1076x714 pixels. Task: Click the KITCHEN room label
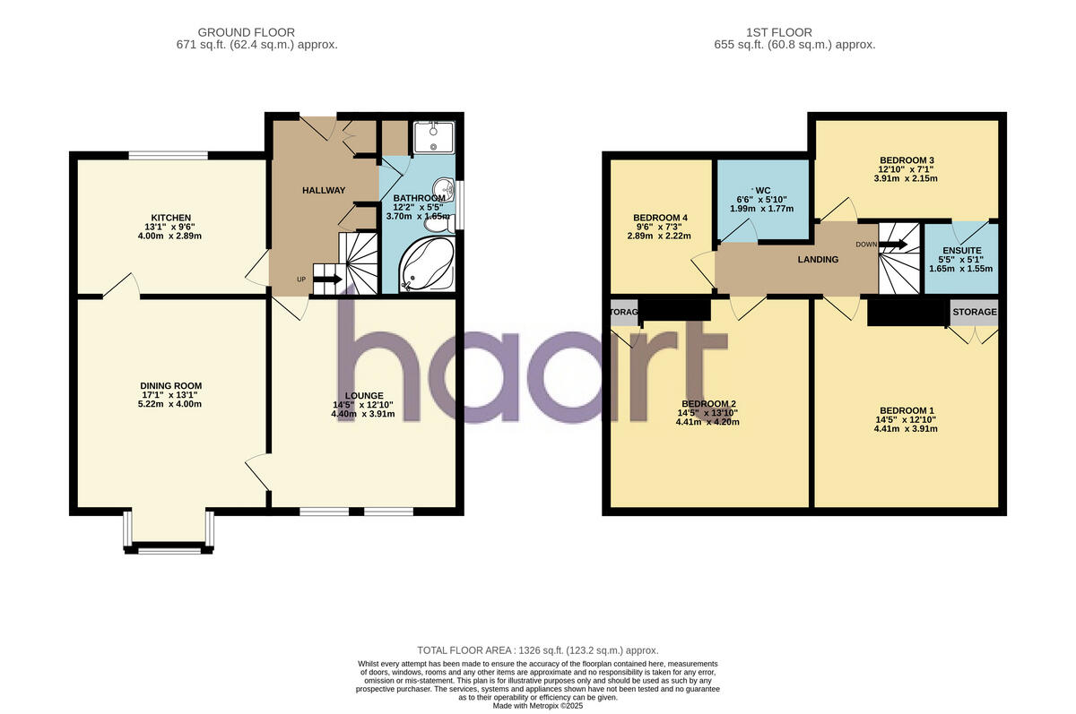tap(170, 218)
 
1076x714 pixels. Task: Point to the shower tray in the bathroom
tap(435, 136)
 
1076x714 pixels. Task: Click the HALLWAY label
tap(323, 190)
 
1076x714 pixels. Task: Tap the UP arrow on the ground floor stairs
tap(326, 279)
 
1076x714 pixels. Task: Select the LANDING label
tap(818, 260)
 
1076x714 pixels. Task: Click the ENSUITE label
tap(962, 251)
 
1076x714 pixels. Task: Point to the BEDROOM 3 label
tap(907, 160)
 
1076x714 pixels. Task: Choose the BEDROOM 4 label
tap(661, 218)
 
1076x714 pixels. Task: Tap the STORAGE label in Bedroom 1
tap(974, 312)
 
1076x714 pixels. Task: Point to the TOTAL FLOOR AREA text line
tap(538, 650)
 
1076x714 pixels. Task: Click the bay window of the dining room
tap(169, 549)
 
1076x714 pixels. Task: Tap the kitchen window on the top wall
tap(169, 156)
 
